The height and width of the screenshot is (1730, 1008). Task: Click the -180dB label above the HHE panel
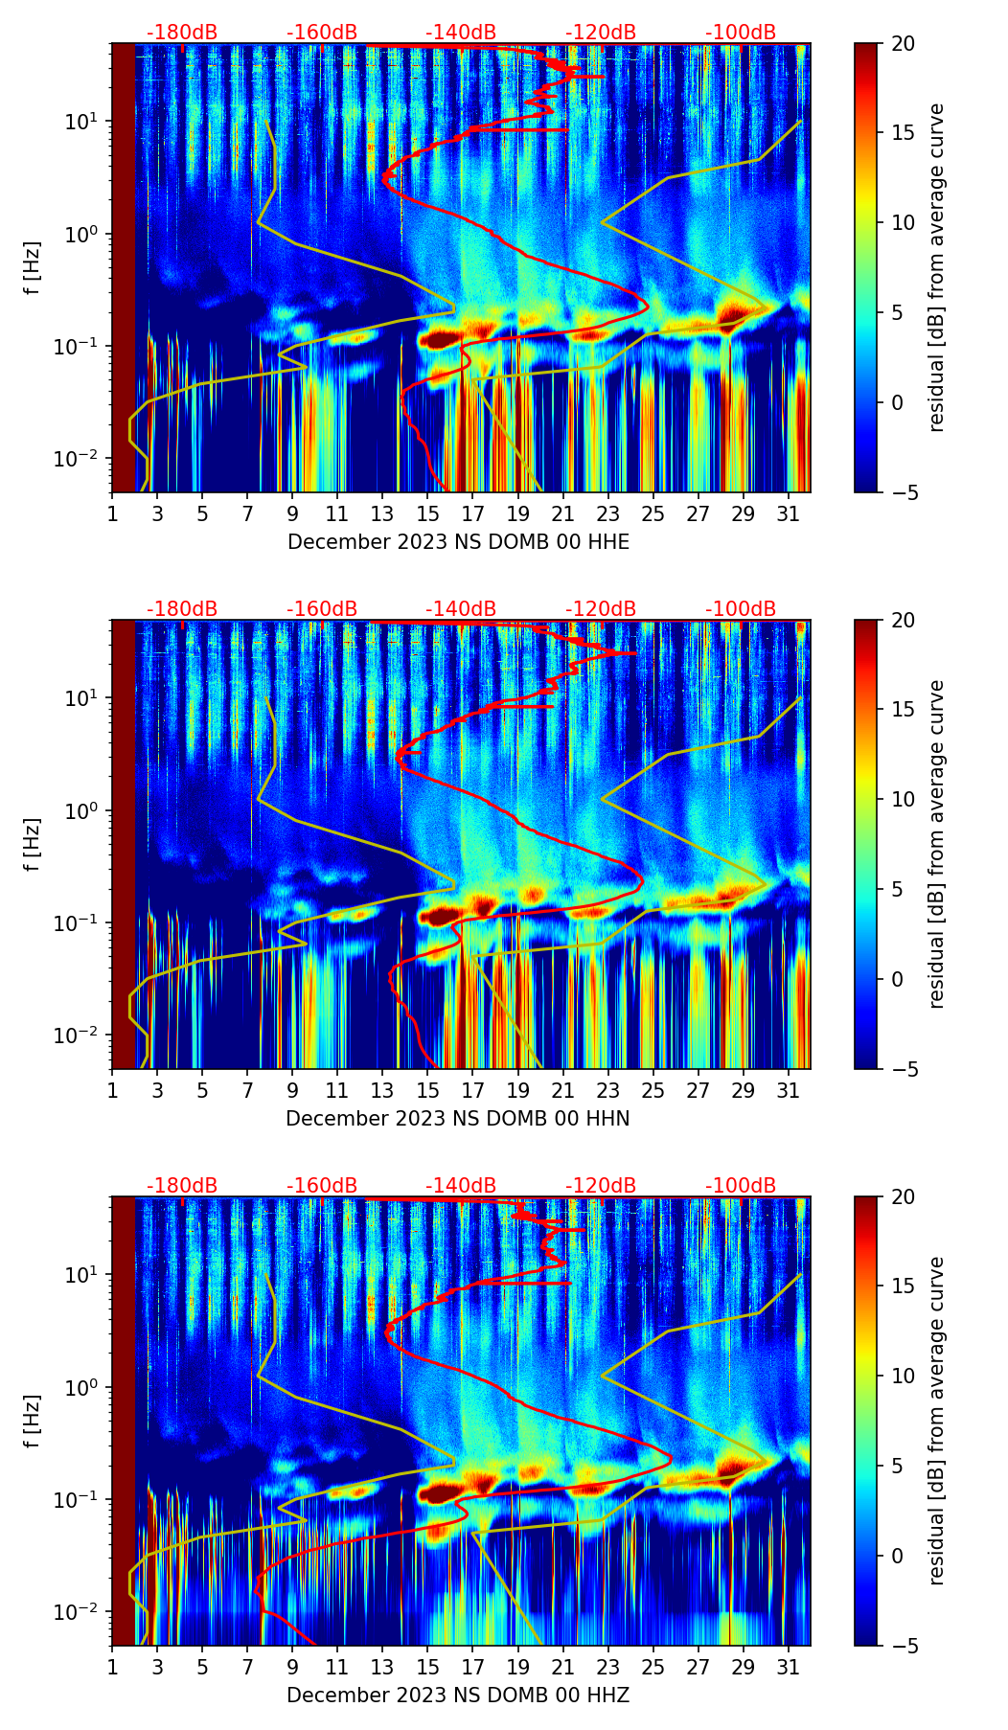[182, 33]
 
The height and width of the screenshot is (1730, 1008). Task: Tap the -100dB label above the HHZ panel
[741, 1186]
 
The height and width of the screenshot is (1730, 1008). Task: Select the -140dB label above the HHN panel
[461, 609]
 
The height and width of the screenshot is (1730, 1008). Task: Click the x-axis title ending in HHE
[458, 542]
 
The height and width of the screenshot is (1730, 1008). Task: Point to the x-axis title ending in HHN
[457, 1119]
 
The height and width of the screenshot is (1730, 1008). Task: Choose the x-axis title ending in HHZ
[457, 1696]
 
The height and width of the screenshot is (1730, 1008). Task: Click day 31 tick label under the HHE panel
[789, 514]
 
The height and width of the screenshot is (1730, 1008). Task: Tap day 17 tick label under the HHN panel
[473, 1091]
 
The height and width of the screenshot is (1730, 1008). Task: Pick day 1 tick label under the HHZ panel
[112, 1668]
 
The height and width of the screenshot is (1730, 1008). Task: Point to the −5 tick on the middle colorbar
[904, 1069]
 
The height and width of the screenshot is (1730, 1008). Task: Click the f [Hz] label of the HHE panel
[33, 267]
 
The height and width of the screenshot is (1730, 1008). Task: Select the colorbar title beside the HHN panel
[937, 844]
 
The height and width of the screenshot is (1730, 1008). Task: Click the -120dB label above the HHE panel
[601, 33]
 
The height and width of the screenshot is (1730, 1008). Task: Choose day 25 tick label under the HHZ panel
[653, 1668]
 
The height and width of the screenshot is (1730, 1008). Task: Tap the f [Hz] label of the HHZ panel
[33, 1421]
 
